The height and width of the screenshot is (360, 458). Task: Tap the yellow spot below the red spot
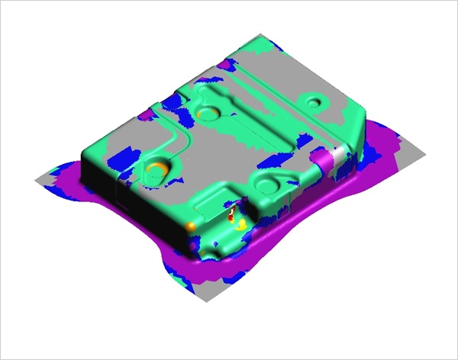pos(240,225)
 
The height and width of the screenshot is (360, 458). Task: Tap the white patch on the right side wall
pos(337,159)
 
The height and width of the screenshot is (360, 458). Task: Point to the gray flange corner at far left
pos(40,180)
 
